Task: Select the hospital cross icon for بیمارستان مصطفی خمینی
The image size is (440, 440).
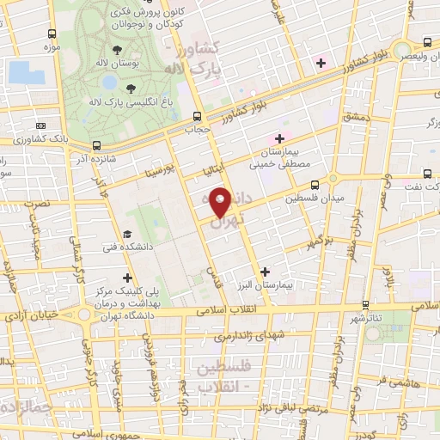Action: point(279,138)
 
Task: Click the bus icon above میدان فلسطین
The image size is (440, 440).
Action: point(315,184)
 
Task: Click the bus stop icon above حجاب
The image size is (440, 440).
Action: point(198,116)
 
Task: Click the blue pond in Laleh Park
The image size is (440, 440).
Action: point(109,82)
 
